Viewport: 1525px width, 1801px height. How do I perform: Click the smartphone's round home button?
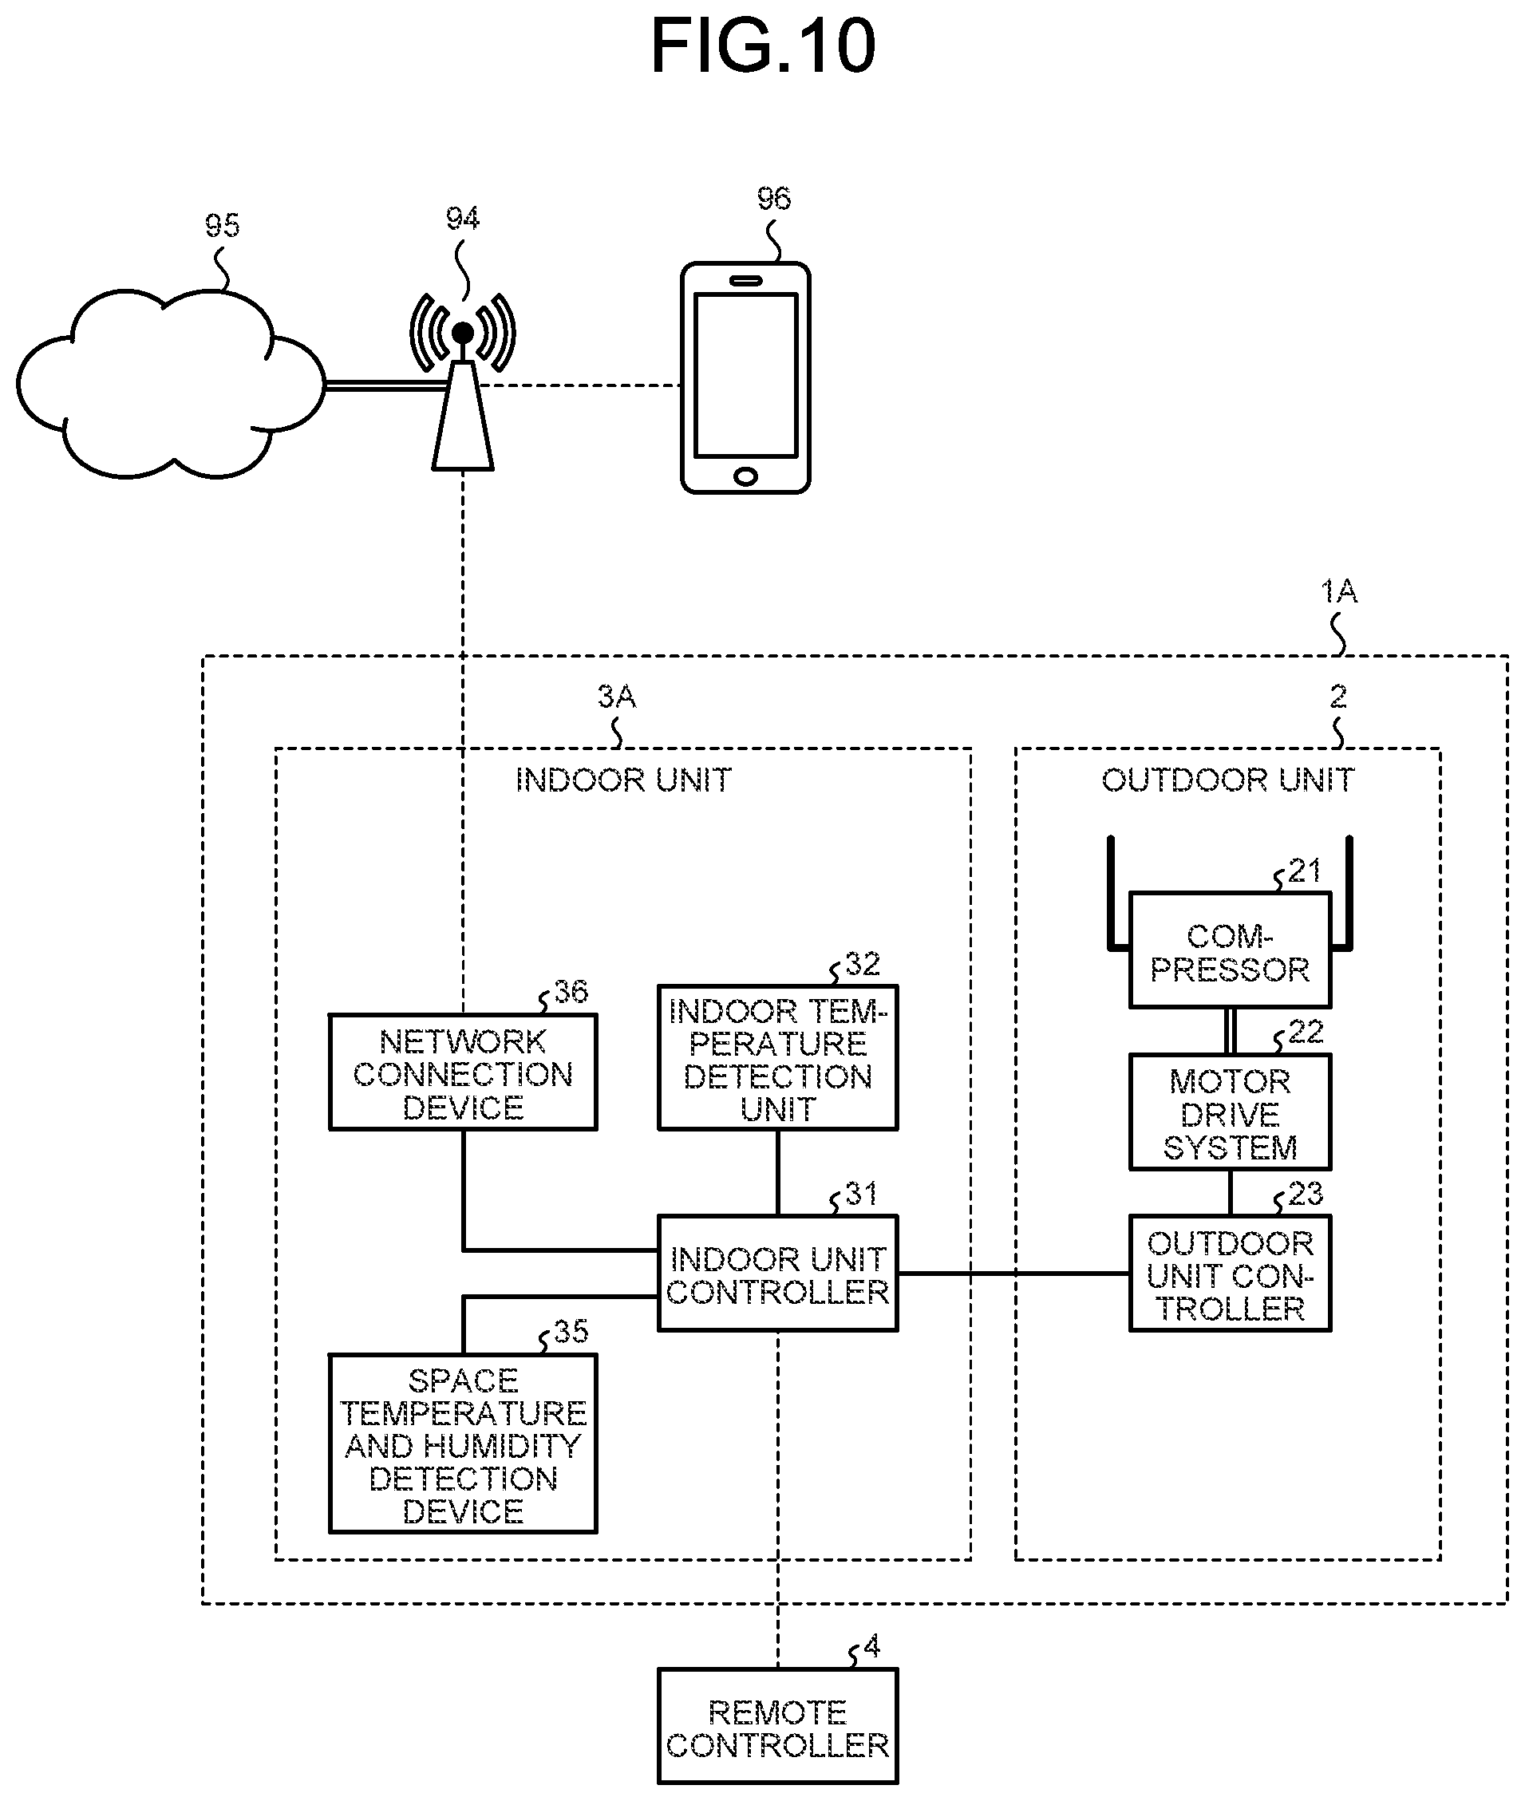[745, 476]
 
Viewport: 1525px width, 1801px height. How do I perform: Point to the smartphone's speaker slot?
[745, 280]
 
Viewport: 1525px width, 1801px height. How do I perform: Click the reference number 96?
[774, 199]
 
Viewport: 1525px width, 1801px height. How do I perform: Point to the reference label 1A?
[1338, 591]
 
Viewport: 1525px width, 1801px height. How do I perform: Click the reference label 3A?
[616, 696]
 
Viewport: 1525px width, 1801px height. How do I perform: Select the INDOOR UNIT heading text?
[623, 780]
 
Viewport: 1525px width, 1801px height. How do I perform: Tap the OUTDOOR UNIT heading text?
[1227, 780]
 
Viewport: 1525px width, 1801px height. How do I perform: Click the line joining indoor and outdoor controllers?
[1014, 1273]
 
